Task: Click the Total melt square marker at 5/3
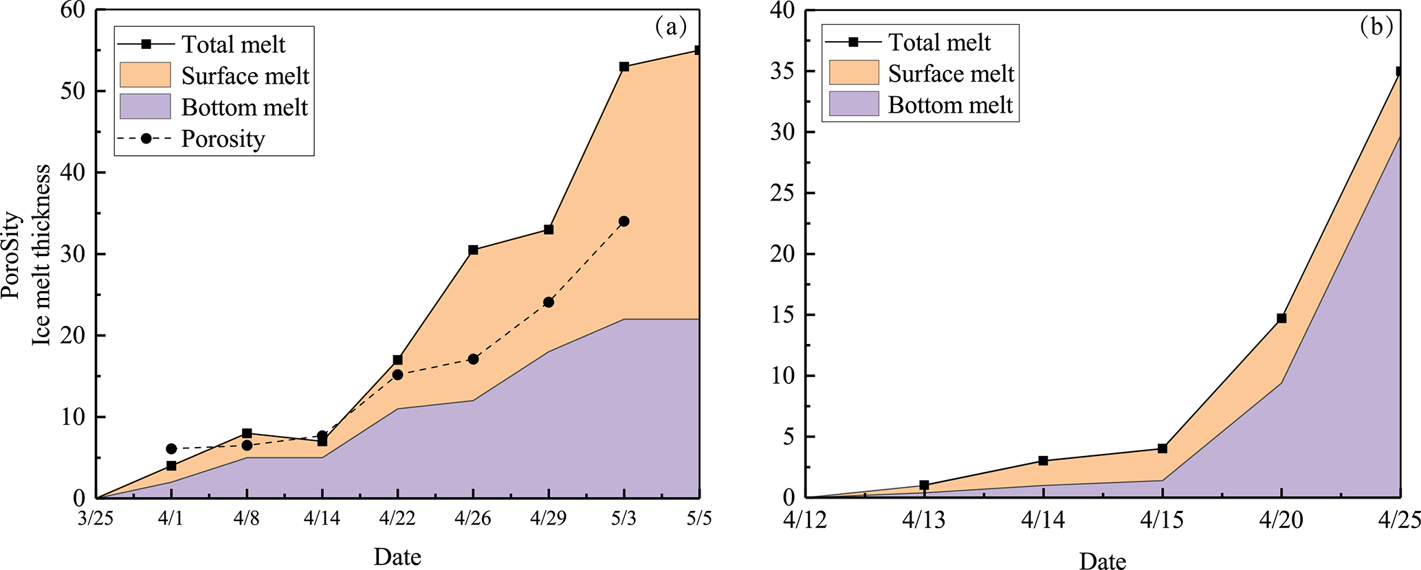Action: pos(624,67)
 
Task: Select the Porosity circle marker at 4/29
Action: pos(549,302)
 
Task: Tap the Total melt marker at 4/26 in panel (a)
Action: pos(473,250)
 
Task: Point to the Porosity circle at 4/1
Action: pos(171,448)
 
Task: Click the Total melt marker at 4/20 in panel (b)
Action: pos(1281,319)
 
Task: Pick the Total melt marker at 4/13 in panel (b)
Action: pos(924,486)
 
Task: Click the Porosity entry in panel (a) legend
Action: pos(222,139)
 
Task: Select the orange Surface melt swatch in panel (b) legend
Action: pos(853,73)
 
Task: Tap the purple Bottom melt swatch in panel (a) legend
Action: pos(145,107)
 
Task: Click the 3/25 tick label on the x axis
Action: pos(96,518)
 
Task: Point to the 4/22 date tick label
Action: pos(397,518)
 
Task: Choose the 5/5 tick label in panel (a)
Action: pos(699,518)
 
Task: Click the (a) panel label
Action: pos(670,27)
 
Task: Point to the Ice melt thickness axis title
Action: pos(42,254)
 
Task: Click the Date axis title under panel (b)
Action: pos(1103,561)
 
